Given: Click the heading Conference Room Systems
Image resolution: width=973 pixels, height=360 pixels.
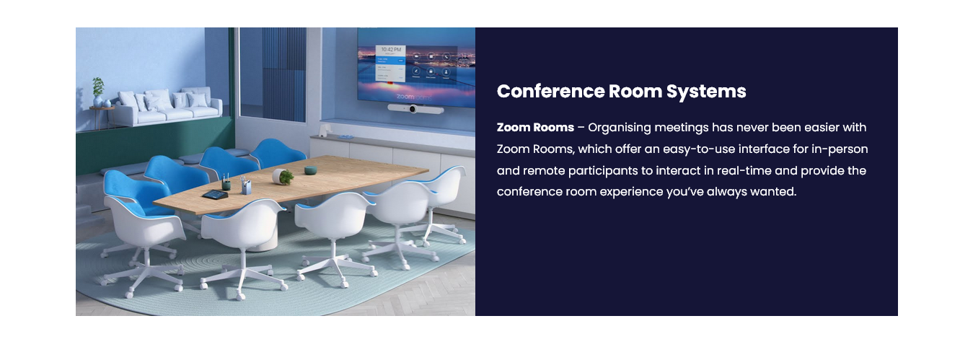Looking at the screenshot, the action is coord(621,91).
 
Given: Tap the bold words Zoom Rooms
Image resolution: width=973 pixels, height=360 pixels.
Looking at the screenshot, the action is coord(535,127).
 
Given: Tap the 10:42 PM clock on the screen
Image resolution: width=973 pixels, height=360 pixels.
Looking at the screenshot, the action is coord(391,50).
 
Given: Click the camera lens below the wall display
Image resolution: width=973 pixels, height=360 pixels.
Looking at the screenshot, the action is coord(413,109).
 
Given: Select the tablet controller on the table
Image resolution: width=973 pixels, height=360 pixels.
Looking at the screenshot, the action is coord(215,195).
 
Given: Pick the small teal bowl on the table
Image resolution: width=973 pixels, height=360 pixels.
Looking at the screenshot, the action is coord(310,170).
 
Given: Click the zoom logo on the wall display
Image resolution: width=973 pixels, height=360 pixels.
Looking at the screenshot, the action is coord(405,97).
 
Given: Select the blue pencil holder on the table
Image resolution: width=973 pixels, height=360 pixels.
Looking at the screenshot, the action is coord(246,186).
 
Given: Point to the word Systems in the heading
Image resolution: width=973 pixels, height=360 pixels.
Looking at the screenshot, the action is coord(706,92).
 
